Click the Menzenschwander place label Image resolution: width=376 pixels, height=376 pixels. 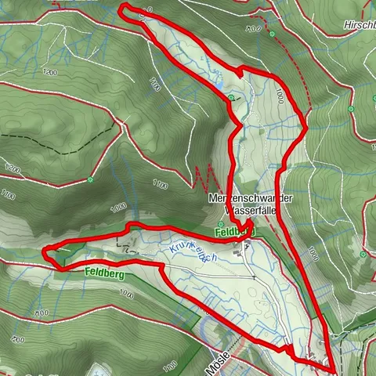(x=250, y=199)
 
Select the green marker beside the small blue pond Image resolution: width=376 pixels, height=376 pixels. (x=231, y=97)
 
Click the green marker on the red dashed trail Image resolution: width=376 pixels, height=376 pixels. (x=272, y=35)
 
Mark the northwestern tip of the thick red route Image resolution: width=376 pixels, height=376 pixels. (x=122, y=7)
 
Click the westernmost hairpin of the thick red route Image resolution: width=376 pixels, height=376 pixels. (x=46, y=251)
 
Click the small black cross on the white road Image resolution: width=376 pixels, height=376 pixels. (x=255, y=277)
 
